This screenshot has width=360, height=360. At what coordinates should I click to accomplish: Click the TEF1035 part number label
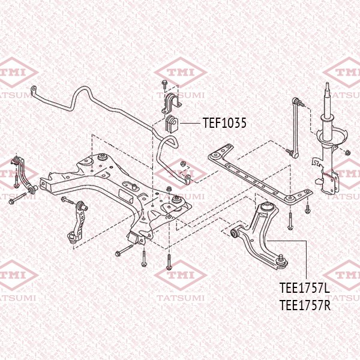[224, 123]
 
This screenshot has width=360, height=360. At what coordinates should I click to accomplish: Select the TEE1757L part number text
[305, 289]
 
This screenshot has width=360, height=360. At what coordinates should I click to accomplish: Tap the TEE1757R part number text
[305, 305]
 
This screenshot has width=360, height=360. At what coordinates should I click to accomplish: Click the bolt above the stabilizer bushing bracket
[164, 83]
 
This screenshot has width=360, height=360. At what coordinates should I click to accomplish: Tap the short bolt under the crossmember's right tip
[308, 208]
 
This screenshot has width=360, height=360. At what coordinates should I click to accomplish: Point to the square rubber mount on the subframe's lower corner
[132, 238]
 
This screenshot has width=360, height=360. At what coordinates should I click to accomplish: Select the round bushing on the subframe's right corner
[177, 197]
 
